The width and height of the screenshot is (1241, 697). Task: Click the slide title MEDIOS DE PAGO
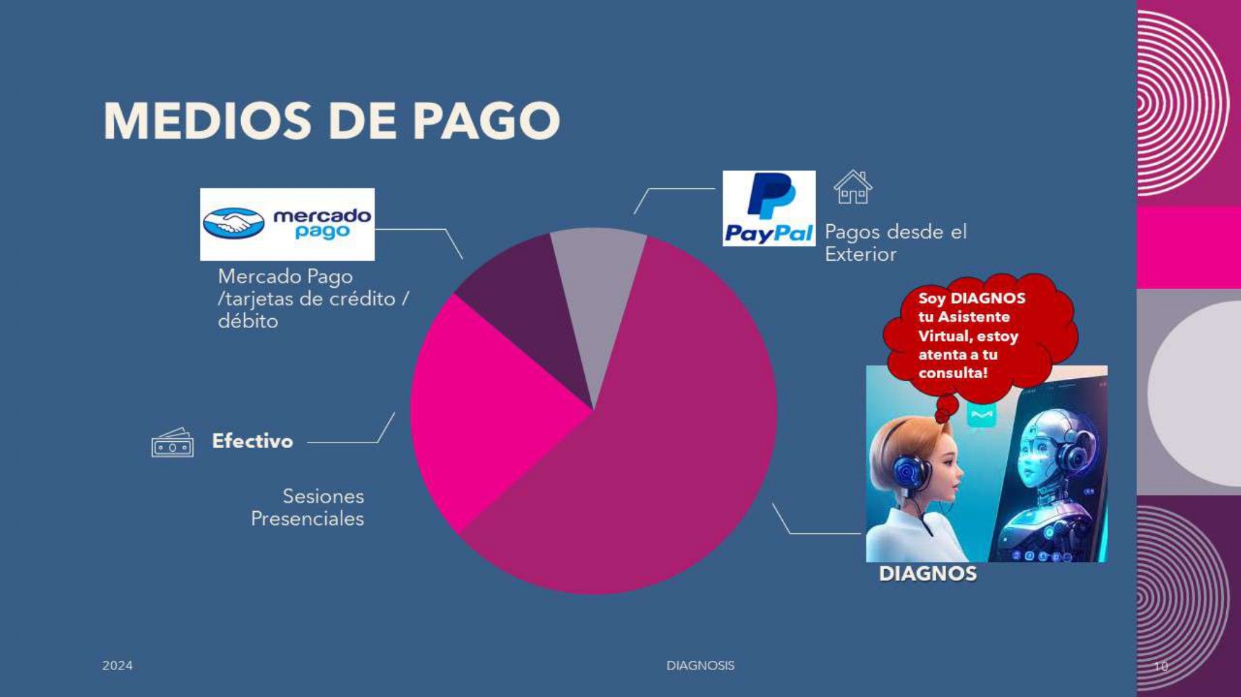click(332, 120)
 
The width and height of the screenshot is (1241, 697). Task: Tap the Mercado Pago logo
click(287, 224)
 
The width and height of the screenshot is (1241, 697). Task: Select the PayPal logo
click(769, 208)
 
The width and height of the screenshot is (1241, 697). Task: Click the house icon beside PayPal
click(853, 187)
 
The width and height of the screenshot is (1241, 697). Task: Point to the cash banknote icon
click(172, 443)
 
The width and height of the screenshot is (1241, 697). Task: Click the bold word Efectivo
click(252, 441)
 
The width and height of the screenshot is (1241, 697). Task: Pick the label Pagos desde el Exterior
click(895, 242)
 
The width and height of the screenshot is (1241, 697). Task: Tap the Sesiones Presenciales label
click(308, 507)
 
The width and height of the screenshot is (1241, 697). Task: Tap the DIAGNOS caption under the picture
click(927, 573)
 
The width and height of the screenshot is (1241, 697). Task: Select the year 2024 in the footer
click(117, 665)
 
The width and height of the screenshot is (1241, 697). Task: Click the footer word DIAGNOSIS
click(700, 665)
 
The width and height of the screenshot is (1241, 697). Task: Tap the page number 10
click(1161, 666)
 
